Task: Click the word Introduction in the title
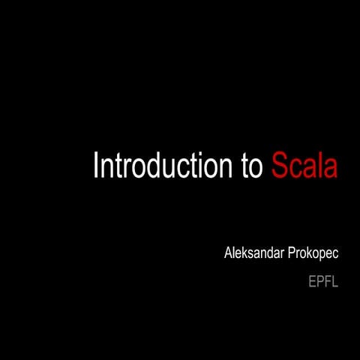coord(163,166)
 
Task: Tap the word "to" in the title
coord(252,166)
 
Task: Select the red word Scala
coord(304,166)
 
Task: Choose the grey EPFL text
coord(323,283)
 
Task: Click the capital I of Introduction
coord(96,166)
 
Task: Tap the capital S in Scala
coord(279,166)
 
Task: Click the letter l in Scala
coord(319,165)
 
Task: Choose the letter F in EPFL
coord(327,283)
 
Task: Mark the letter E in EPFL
coord(312,283)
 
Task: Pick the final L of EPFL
coord(335,283)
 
